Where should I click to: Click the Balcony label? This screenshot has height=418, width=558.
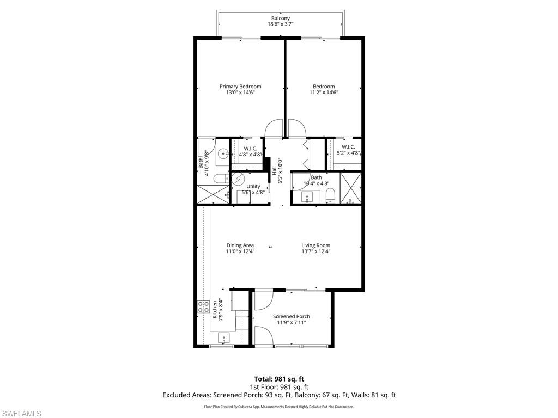pos(281,19)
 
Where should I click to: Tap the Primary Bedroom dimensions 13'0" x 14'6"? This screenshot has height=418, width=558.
pos(240,93)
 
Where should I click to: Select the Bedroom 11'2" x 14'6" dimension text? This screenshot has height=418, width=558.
pos(324,93)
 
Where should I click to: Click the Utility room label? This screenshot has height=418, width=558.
pos(253,187)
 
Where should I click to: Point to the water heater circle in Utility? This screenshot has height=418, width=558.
pos(239,179)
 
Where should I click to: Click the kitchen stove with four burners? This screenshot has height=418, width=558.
pos(203,307)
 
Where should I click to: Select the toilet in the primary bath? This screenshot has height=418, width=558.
pos(220,178)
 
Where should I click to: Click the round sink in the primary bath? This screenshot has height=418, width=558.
pos(223,154)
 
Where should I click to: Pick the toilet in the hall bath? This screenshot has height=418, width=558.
pos(330,198)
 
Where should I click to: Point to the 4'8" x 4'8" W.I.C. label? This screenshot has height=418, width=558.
pos(250,151)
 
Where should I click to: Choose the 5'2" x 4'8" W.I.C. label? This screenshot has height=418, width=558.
pos(348,150)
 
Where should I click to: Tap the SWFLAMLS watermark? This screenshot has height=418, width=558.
pos(21,414)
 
